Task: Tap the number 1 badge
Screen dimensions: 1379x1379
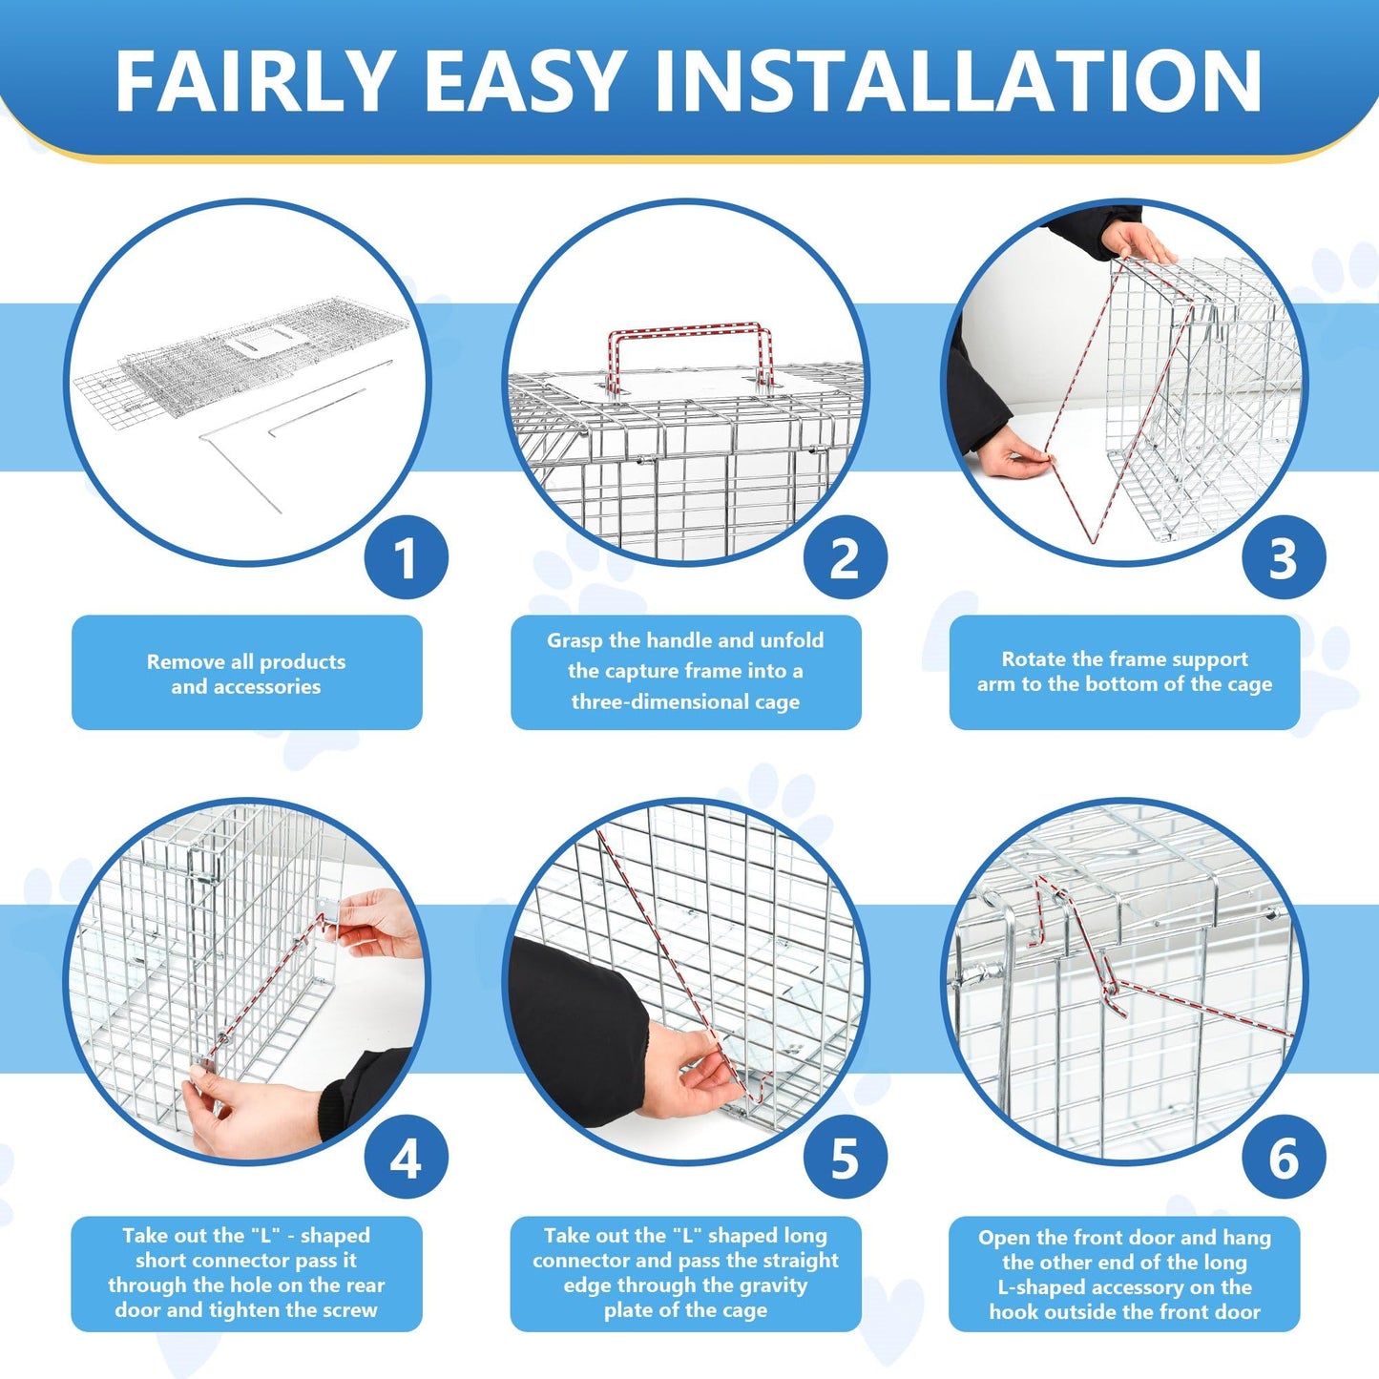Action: pos(406,558)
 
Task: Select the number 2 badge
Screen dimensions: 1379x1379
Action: pos(845,558)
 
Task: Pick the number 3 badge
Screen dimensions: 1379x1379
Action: pos(1283,558)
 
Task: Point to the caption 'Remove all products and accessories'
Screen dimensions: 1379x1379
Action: pos(246,673)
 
